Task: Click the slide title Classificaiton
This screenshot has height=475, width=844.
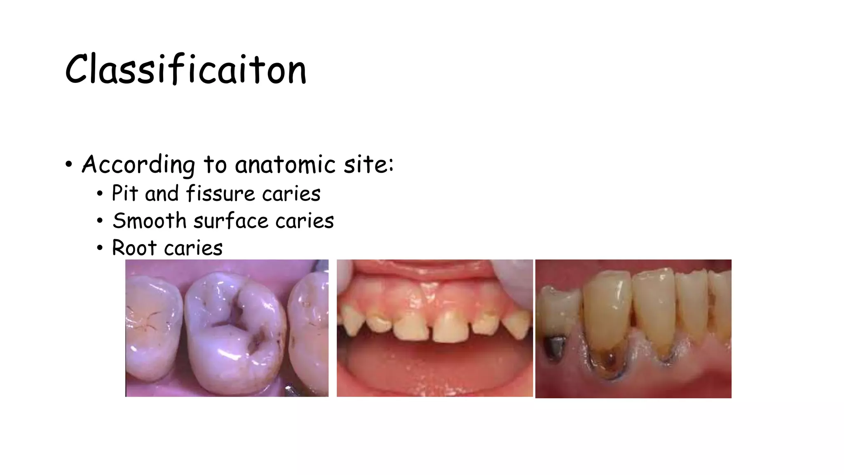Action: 186,69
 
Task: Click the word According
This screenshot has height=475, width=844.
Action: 138,165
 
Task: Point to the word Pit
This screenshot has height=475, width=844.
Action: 125,193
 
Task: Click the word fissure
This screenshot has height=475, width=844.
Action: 221,193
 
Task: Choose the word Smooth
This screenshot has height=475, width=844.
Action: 150,221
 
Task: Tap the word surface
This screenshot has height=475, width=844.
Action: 231,221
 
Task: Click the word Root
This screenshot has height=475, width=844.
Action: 134,248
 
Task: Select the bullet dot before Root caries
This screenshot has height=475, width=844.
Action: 100,248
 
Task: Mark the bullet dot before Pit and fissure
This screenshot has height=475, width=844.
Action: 100,194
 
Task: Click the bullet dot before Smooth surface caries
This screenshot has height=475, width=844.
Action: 100,221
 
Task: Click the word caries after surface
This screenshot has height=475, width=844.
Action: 305,221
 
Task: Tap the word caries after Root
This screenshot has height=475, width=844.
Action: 193,248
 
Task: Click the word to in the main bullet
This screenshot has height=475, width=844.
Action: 215,165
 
